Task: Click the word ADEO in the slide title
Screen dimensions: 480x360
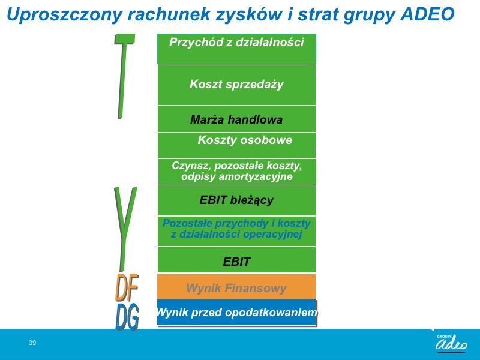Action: click(427, 14)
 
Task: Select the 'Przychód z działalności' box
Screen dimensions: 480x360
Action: click(236, 49)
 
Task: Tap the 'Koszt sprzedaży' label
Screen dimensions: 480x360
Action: click(236, 84)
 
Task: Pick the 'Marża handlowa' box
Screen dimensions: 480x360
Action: click(236, 119)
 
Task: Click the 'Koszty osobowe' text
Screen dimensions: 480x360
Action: click(245, 140)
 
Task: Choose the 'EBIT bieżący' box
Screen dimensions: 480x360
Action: click(236, 200)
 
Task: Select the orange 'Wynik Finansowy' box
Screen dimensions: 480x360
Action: click(236, 287)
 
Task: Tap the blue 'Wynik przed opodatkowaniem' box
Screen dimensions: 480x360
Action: click(236, 312)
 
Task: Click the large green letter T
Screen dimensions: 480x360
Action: click(124, 76)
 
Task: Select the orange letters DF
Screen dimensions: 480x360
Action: click(127, 287)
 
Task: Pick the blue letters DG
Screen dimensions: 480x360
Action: click(127, 317)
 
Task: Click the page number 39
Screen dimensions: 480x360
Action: click(32, 343)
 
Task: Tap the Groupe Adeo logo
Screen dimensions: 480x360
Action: click(451, 343)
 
